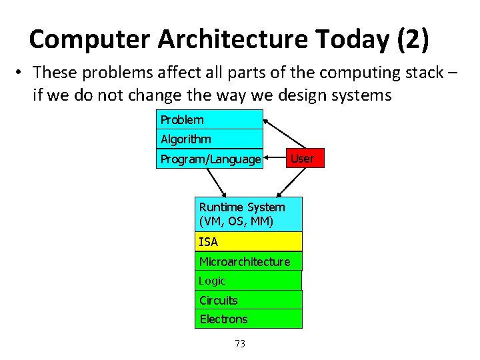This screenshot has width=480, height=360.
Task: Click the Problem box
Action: coord(209,120)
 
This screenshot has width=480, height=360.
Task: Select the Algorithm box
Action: coord(209,139)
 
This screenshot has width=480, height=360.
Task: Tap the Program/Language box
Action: coord(209,159)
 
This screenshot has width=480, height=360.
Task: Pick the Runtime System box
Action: coord(249,214)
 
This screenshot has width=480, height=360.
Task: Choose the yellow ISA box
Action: coord(249,241)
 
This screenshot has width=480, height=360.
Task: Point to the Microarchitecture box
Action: coord(249,261)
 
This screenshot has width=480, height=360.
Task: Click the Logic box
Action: coord(249,281)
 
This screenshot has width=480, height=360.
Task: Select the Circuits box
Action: coord(249,300)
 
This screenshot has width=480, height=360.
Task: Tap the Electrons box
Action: coord(249,319)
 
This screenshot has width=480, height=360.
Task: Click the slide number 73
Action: coord(240,343)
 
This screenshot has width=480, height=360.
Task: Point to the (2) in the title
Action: coord(413,40)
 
